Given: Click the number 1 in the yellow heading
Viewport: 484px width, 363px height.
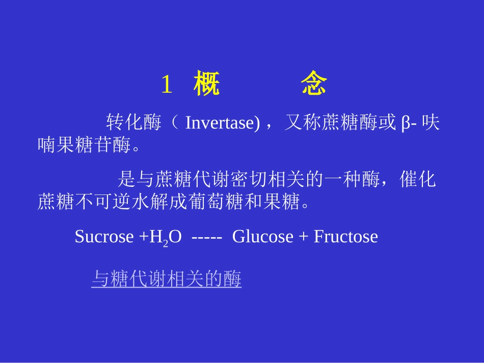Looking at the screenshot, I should point(167,85).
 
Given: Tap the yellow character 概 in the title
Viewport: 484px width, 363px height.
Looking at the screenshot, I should point(207,85).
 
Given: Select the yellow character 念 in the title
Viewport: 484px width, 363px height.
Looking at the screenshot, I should point(313,85).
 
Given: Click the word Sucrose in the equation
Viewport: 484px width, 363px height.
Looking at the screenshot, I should point(104,237).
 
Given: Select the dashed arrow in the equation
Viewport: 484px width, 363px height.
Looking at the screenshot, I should point(206,237).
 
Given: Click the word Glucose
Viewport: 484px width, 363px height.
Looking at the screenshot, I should point(263,237).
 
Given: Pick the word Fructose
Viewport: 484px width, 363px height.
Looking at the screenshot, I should point(346,237).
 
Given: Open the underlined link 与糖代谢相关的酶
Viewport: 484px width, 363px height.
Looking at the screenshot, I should point(166,279).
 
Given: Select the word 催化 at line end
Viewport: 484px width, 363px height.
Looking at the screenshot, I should point(418,180).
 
